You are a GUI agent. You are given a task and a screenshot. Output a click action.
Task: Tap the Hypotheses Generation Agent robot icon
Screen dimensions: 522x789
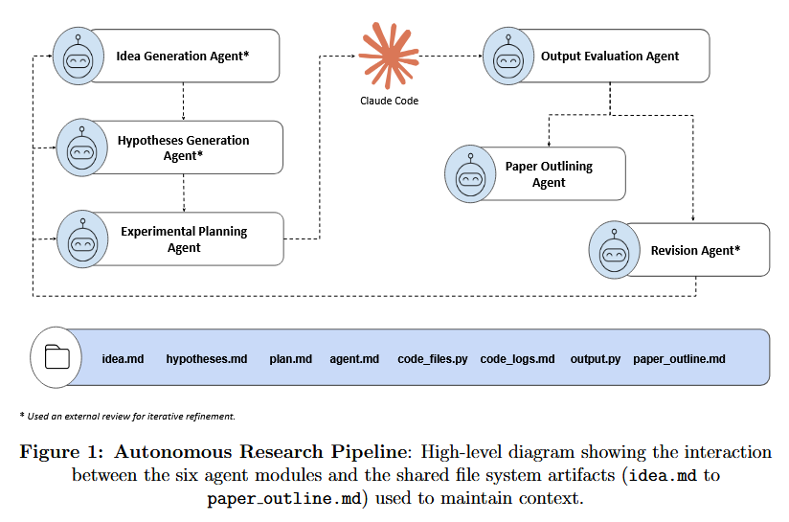(83, 148)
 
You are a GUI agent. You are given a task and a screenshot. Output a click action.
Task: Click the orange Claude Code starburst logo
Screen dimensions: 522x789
(389, 57)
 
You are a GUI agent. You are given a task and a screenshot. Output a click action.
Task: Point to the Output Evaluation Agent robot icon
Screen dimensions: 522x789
(508, 57)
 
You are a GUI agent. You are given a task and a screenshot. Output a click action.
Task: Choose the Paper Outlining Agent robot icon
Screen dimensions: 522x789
(471, 174)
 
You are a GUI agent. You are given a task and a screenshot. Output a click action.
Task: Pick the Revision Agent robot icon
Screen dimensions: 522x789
(615, 250)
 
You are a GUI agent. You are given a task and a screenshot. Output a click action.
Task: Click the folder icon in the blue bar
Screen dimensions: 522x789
(57, 357)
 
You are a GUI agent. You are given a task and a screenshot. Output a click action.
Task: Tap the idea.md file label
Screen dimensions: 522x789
(123, 359)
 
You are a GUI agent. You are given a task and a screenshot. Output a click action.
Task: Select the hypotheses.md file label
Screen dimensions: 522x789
(207, 359)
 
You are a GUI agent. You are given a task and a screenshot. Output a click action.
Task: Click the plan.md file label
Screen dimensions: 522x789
(290, 359)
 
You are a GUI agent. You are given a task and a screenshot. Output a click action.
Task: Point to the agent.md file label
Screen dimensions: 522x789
(354, 359)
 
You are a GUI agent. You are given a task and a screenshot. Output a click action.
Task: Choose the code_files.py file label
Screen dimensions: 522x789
(433, 359)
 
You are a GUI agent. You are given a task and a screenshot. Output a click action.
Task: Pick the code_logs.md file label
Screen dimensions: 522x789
(517, 359)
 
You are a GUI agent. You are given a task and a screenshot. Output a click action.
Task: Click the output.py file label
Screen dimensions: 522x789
(595, 359)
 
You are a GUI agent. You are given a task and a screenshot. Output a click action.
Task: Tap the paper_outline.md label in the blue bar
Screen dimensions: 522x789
(679, 359)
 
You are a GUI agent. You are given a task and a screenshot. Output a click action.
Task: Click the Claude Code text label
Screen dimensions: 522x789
(389, 101)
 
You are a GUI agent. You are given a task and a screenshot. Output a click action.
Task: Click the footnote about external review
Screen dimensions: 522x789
(126, 416)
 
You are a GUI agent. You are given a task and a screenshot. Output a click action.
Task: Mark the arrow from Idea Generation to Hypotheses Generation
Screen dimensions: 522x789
(183, 101)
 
